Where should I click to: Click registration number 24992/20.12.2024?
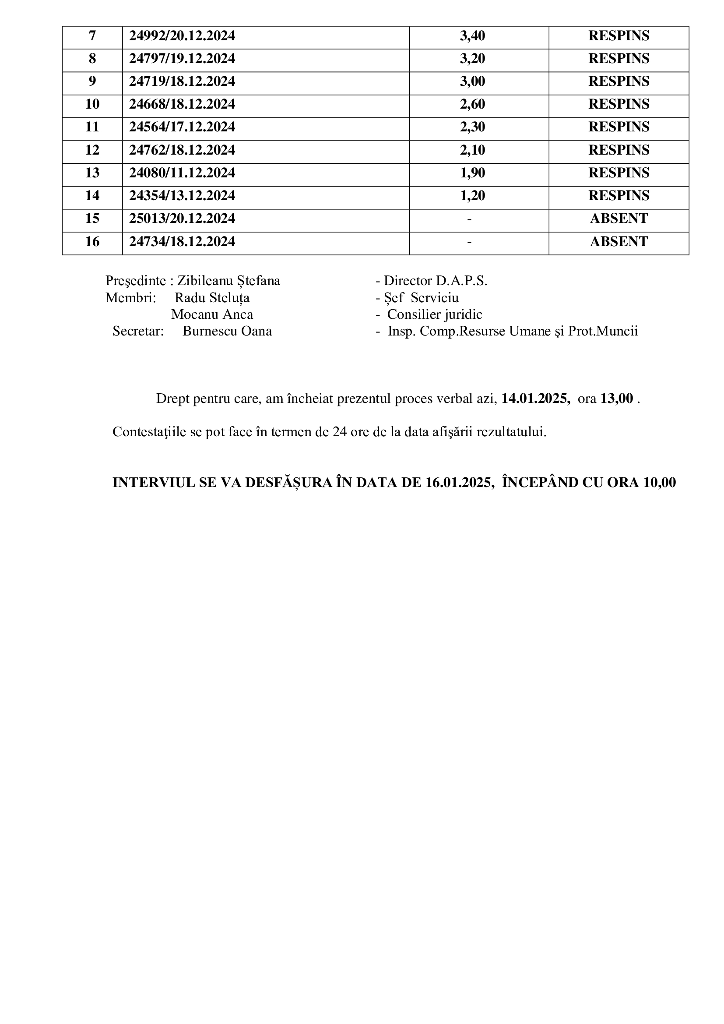tap(182, 36)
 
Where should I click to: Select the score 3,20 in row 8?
tap(472, 59)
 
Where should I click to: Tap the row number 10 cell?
tap(92, 104)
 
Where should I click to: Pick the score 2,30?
tap(472, 127)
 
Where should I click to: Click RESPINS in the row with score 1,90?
tap(619, 173)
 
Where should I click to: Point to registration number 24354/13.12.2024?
tap(182, 196)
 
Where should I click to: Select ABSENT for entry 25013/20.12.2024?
tap(619, 219)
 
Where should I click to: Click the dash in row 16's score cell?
tap(469, 242)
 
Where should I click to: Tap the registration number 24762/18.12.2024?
tap(182, 150)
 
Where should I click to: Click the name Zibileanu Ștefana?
tap(228, 281)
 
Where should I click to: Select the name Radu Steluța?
tap(212, 298)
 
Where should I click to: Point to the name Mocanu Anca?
tap(212, 315)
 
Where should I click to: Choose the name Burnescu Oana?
tap(227, 332)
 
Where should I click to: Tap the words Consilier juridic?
tap(434, 315)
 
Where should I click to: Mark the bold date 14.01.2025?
tap(535, 399)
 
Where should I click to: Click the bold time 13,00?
tap(617, 399)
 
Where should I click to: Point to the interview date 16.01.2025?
tap(458, 483)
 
